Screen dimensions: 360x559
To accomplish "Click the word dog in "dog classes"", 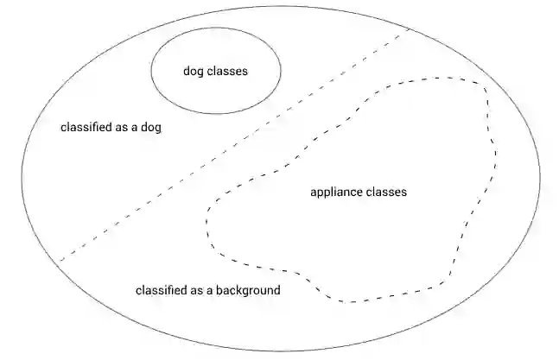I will pos(193,72).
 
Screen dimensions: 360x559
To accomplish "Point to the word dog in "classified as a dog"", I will pos(151,128).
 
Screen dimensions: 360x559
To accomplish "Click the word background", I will pos(249,291).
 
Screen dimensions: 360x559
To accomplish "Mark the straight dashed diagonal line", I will pos(233,144).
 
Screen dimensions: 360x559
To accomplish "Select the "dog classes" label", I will pos(215,72).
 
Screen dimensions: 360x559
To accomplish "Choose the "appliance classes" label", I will pos(358,193).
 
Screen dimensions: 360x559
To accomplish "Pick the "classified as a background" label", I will pos(207,291).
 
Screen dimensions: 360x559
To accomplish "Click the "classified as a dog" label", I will pos(111,127).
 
